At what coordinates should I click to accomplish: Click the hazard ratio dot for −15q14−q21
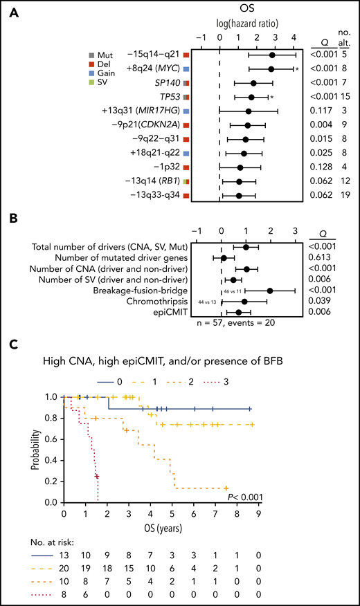click(x=272, y=55)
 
